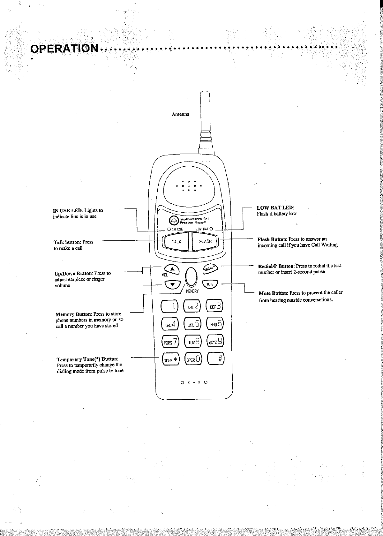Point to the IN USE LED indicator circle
click(169, 229)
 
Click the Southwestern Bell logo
click(174, 220)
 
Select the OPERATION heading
click(64, 49)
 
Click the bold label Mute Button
click(273, 293)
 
